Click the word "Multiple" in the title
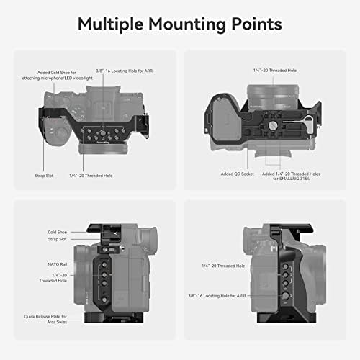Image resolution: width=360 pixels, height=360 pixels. (116, 24)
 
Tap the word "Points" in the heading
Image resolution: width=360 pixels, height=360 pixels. (253, 24)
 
